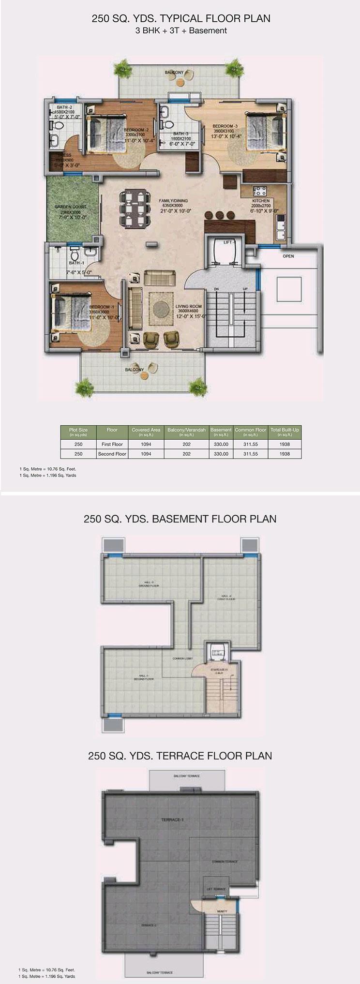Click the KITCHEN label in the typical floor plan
pyautogui.click(x=261, y=200)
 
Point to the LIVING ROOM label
pyautogui.click(x=188, y=306)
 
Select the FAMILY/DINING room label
pyautogui.click(x=173, y=200)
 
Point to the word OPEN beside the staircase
pyautogui.click(x=288, y=256)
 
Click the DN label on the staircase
pyautogui.click(x=217, y=289)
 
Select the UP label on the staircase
pyautogui.click(x=245, y=289)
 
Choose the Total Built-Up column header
pyautogui.click(x=285, y=431)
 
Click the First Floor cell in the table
pyautogui.click(x=112, y=444)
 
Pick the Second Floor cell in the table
pyautogui.click(x=112, y=454)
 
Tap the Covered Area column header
pyautogui.click(x=146, y=431)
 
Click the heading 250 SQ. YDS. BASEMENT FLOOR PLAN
pyautogui.click(x=180, y=519)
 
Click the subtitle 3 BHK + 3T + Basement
pyautogui.click(x=180, y=30)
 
